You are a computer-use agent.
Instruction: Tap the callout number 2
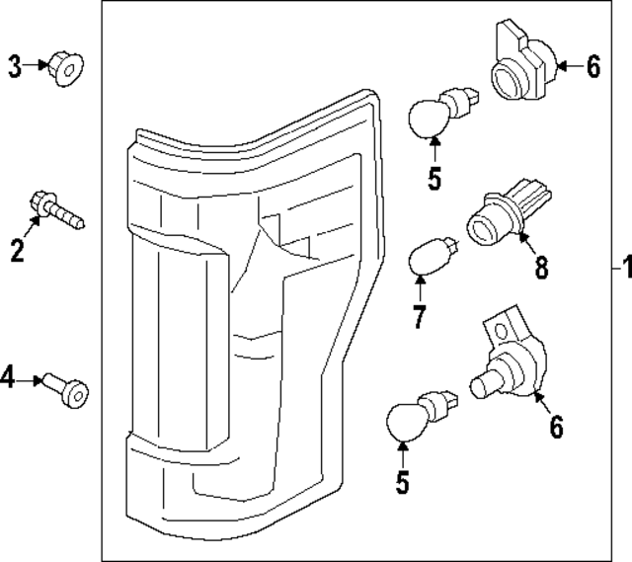pos(17,251)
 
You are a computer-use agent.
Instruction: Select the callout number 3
pos(15,66)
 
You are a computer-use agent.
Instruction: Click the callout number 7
pos(419,318)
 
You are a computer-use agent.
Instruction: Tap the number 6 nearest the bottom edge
pos(556,427)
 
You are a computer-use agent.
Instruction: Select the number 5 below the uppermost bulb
pos(434,181)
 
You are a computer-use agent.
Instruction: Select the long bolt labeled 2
pos(55,208)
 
